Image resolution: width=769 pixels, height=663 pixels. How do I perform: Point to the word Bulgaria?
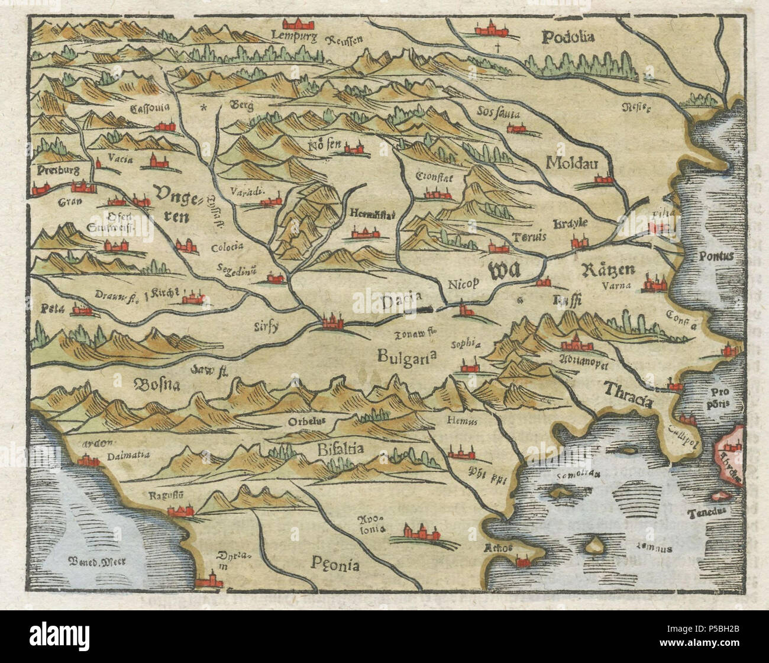coord(408,355)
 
